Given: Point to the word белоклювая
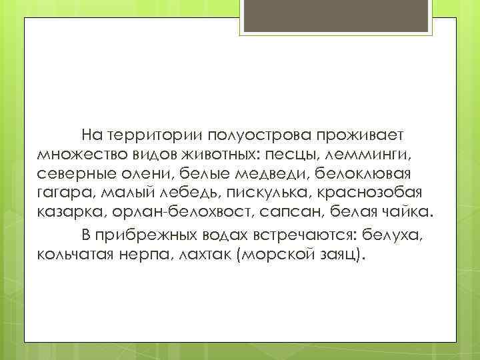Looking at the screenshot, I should point(363,175).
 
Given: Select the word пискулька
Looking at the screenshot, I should point(265,194).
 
